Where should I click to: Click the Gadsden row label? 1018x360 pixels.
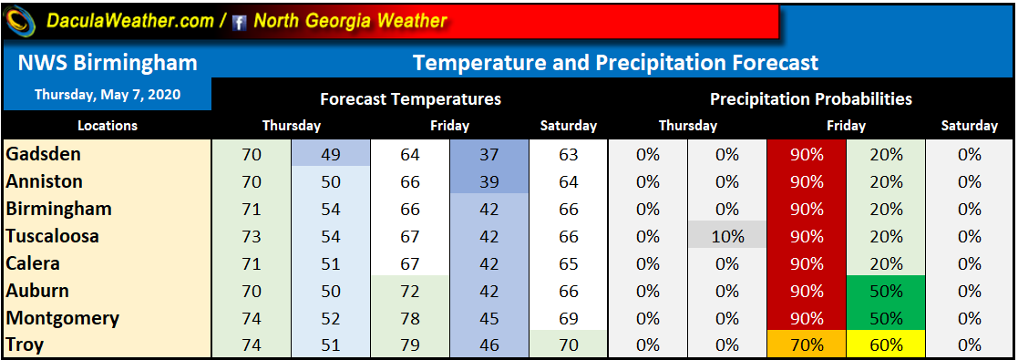[43, 154]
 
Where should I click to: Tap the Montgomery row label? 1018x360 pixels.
[62, 318]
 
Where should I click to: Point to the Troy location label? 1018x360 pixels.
[25, 345]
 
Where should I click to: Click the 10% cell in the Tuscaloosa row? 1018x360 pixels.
[727, 236]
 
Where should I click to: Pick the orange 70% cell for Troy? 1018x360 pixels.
[807, 345]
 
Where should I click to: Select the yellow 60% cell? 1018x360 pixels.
[886, 345]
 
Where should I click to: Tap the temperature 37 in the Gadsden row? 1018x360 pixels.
[489, 154]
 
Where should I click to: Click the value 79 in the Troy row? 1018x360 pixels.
[410, 345]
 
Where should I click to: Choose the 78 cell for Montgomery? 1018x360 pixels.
[410, 318]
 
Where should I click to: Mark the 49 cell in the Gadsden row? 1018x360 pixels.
[331, 154]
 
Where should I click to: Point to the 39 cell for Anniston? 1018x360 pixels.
[489, 181]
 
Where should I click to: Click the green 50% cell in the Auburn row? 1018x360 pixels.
[886, 291]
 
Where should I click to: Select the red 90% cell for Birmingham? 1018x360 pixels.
[807, 209]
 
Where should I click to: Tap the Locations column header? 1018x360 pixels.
[108, 126]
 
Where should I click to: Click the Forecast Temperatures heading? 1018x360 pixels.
[410, 98]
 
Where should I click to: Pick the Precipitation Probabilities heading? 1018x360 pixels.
[811, 98]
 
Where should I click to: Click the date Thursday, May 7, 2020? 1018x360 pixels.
[108, 94]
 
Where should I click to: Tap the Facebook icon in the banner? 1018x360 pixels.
[240, 24]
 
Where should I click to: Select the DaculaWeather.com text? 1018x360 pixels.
[129, 21]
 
